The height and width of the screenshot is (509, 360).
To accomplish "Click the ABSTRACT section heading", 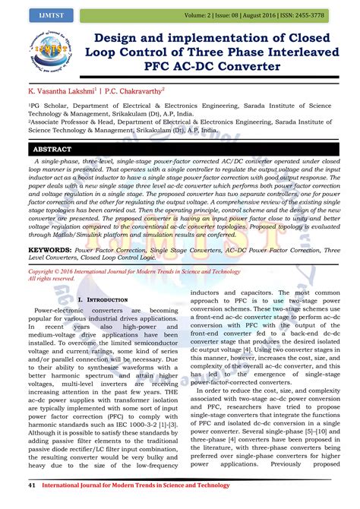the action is pos(53,150).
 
